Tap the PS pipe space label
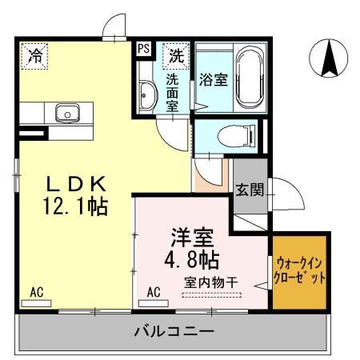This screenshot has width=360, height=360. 144,48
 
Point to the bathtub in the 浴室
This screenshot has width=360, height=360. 249,79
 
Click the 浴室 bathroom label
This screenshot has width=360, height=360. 213,80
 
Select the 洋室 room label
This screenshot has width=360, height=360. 193,238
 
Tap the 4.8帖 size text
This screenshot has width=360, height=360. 193,260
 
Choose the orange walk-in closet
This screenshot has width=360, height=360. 301,272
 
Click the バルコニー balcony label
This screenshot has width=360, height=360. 174,330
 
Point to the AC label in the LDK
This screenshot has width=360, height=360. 37,293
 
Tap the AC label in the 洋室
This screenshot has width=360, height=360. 154,292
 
